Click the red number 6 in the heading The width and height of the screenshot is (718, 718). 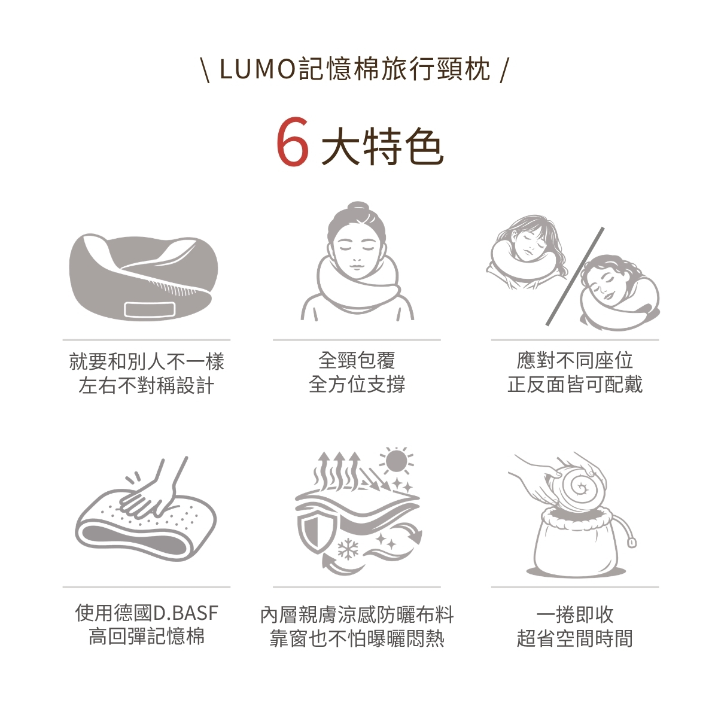coord(293,142)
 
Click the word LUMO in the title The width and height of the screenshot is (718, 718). coord(257,69)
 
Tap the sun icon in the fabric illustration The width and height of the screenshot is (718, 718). coord(396,461)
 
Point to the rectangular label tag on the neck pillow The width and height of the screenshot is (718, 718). coord(150,309)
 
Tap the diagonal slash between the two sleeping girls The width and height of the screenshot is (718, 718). coord(574,276)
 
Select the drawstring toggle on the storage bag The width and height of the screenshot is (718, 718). coord(631,543)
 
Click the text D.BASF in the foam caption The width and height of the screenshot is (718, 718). coord(186,613)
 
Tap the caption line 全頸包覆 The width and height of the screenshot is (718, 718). coord(357,360)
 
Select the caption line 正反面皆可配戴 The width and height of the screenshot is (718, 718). coord(575,384)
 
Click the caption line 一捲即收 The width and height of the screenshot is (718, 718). coord(575,614)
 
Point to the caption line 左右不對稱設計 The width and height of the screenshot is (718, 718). coord(147,385)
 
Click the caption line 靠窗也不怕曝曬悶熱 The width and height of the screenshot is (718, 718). coord(357,638)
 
